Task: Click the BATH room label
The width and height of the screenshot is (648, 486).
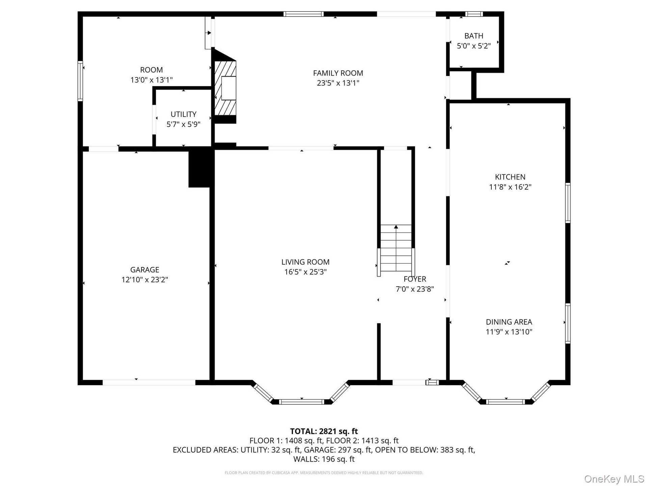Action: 474,36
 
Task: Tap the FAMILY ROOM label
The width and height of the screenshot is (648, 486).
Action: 338,73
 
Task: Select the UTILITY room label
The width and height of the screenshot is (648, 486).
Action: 183,114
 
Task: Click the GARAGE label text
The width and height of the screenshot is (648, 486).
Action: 144,270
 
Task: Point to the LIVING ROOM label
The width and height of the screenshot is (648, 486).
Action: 305,262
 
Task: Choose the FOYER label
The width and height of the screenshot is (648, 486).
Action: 415,279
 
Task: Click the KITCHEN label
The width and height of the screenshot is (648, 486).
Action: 510,177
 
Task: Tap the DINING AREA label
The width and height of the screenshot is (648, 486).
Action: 509,322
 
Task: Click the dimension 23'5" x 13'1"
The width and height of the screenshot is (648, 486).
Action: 338,83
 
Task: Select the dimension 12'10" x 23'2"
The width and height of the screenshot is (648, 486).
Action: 144,280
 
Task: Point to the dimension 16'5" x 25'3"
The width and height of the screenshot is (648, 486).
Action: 305,272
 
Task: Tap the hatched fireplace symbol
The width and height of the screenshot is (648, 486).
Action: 225,88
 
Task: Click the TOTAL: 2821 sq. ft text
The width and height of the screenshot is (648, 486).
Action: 324,431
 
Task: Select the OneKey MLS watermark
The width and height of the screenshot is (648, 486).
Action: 614,479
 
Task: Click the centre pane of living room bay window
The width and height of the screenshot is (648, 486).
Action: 302,402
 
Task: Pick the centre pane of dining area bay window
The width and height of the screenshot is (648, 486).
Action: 506,402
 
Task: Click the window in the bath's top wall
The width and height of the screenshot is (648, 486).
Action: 474,14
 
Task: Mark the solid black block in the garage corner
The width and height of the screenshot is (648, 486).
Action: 201,167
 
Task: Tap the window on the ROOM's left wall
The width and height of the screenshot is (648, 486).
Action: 80,81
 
